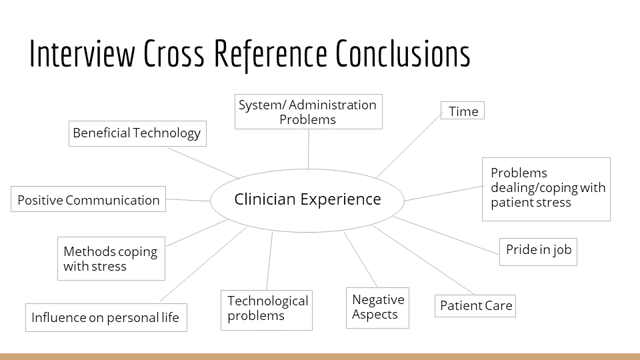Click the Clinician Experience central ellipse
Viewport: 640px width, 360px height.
tap(307, 199)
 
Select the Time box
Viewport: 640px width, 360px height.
tap(463, 111)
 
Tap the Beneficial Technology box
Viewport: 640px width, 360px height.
tap(137, 133)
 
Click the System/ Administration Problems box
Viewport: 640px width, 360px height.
tap(308, 112)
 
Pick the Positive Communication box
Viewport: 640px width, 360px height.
tap(89, 199)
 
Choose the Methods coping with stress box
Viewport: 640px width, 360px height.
tap(111, 259)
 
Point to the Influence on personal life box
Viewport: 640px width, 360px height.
tap(106, 317)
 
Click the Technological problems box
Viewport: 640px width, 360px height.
tap(267, 309)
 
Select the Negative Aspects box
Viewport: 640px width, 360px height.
tap(377, 307)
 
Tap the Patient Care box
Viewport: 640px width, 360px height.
tap(476, 306)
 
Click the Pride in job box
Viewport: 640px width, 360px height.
tap(538, 251)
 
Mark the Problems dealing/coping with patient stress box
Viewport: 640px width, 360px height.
tap(546, 189)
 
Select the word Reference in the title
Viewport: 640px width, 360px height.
tap(271, 55)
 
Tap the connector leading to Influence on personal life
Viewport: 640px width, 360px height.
tap(203, 264)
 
